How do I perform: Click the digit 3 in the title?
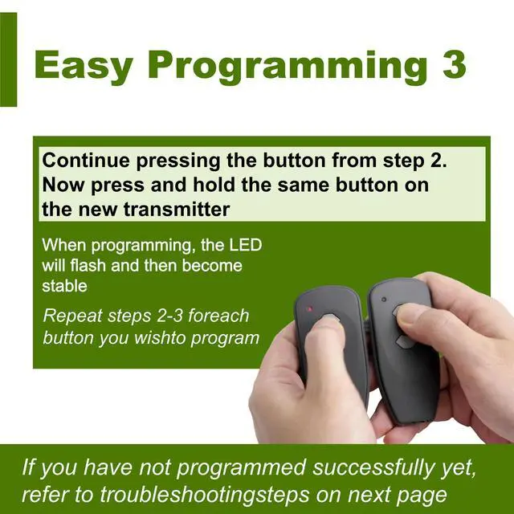454,64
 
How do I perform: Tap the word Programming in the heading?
288,67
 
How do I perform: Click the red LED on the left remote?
309,308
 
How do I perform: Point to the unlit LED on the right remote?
384,300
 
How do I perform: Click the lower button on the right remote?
404,342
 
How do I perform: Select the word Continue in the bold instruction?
86,161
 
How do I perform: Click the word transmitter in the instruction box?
177,209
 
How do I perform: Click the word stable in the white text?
64,286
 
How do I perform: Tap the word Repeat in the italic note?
72,316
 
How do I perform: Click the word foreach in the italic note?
218,316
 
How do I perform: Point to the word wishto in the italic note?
160,337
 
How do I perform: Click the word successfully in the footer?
373,467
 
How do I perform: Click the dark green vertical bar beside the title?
8,59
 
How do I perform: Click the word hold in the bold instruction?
214,185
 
